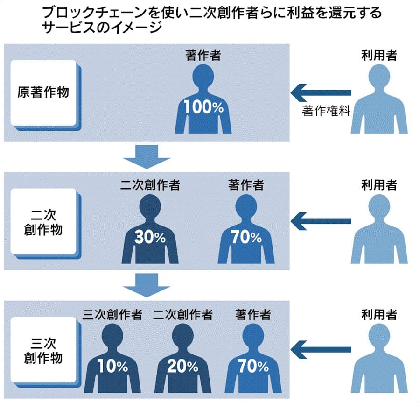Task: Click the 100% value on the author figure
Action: pyautogui.click(x=203, y=107)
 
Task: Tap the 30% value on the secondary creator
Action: pyautogui.click(x=150, y=237)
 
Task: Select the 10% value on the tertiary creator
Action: pyautogui.click(x=112, y=367)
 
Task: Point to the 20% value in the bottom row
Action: pyautogui.click(x=183, y=367)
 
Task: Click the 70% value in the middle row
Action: pyautogui.click(x=246, y=237)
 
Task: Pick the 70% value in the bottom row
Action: pyautogui.click(x=252, y=367)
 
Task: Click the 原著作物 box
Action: pyautogui.click(x=43, y=92)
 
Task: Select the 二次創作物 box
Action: pyautogui.click(x=43, y=222)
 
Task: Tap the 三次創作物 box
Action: pyautogui.click(x=43, y=351)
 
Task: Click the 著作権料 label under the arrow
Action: pyautogui.click(x=326, y=111)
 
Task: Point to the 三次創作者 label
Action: pyautogui.click(x=112, y=315)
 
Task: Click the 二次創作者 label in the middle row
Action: pyautogui.click(x=150, y=185)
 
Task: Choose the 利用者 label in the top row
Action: pyautogui.click(x=378, y=56)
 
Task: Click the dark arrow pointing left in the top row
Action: pyautogui.click(x=320, y=92)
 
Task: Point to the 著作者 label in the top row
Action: pyautogui.click(x=203, y=56)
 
